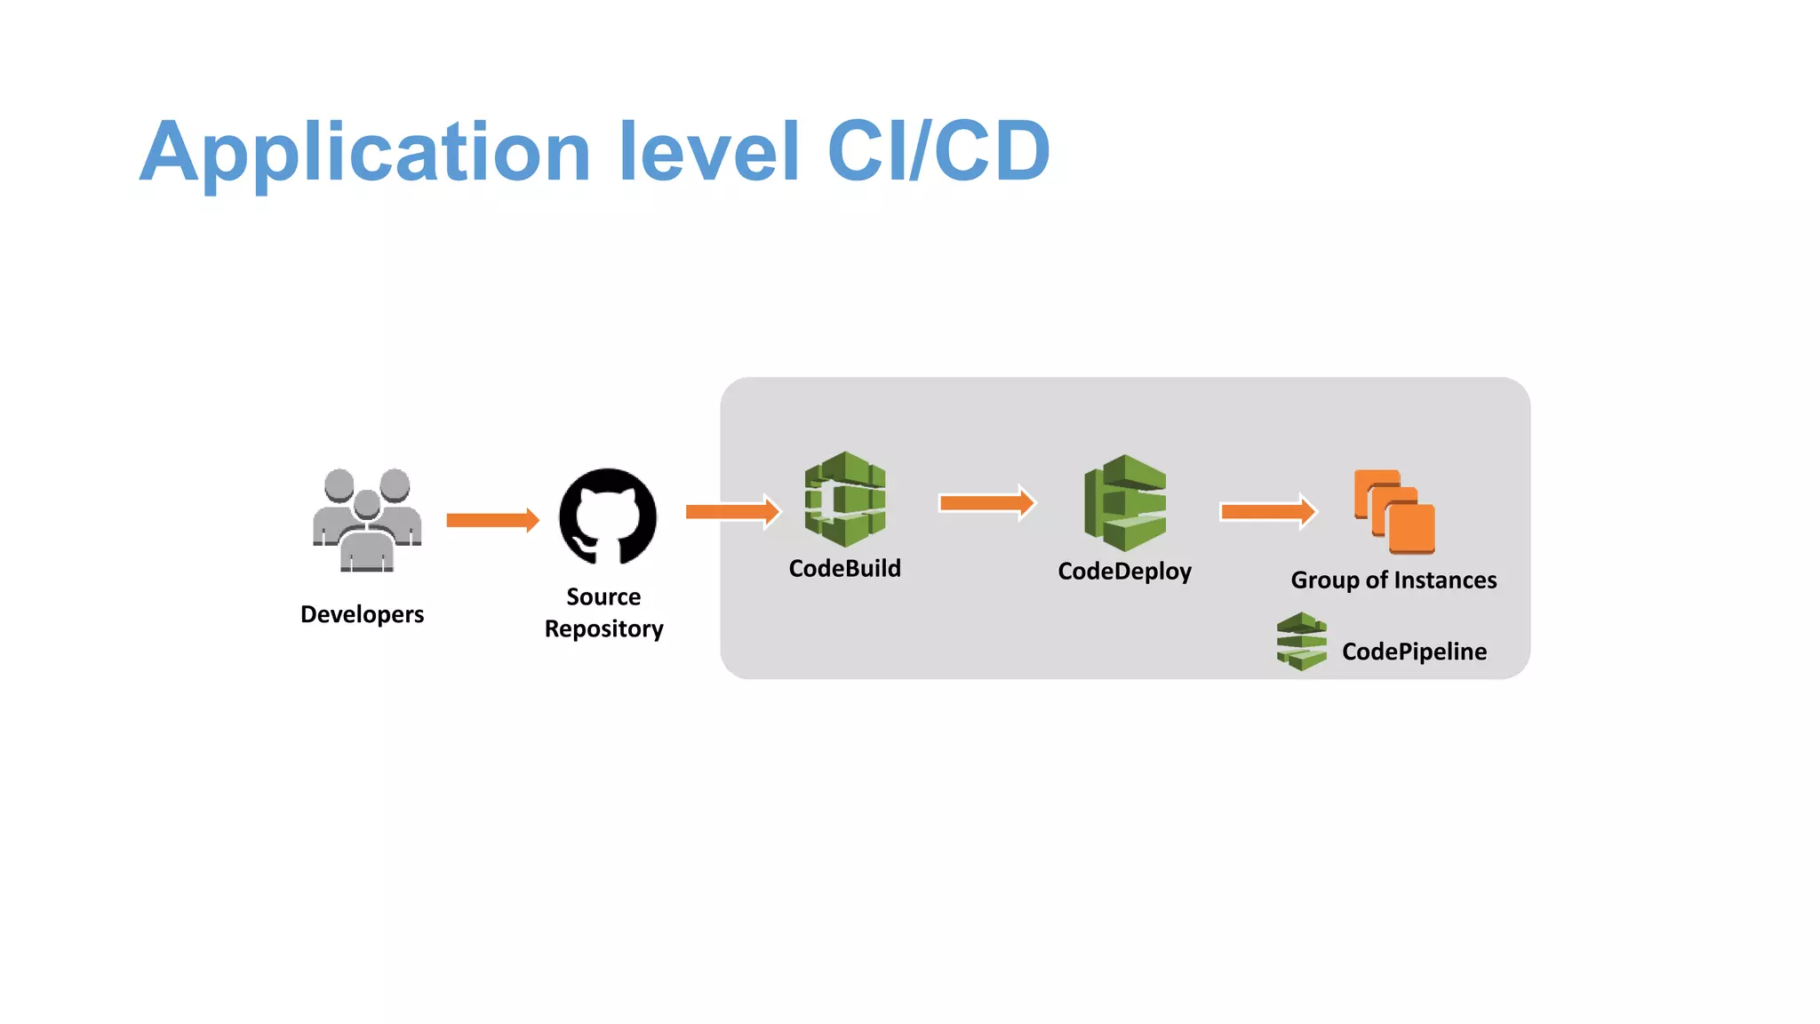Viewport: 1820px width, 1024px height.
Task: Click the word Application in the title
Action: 365,153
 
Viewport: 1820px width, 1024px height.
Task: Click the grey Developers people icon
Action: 367,520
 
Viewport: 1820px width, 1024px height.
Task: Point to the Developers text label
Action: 362,614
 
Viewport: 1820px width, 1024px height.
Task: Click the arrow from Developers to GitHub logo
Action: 492,520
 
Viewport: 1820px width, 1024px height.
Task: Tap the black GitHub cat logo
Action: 608,516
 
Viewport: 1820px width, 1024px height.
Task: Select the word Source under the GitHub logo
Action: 603,596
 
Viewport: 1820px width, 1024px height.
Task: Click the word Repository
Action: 603,628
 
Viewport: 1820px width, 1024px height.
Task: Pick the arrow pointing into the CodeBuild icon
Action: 732,511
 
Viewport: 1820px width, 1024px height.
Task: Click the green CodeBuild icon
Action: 845,499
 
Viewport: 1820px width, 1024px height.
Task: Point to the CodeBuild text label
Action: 844,568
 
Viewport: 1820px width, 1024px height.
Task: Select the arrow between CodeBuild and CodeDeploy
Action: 986,503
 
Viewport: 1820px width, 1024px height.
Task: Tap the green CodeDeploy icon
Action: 1125,502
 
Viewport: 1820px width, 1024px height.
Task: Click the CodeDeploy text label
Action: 1124,571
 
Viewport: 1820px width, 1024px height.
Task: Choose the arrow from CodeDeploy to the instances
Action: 1268,511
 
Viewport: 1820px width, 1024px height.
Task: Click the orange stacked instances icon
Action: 1394,512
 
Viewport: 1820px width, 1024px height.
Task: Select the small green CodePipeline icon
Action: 1301,641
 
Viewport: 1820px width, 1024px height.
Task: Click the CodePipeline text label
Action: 1414,652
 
